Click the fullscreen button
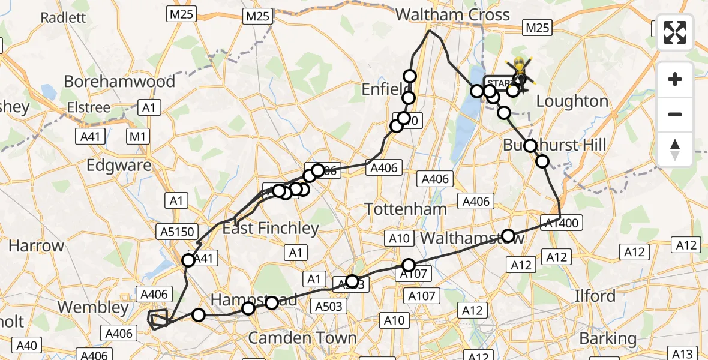click(675, 32)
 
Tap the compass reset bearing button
click(675, 149)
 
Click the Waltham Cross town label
click(452, 14)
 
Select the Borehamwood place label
click(119, 81)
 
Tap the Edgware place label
click(118, 165)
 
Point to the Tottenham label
click(406, 209)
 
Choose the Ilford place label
click(595, 295)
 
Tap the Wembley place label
click(93, 307)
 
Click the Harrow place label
click(36, 245)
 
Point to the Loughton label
click(572, 101)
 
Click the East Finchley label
click(271, 228)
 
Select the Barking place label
click(608, 338)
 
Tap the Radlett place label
click(62, 17)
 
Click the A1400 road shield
click(561, 223)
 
